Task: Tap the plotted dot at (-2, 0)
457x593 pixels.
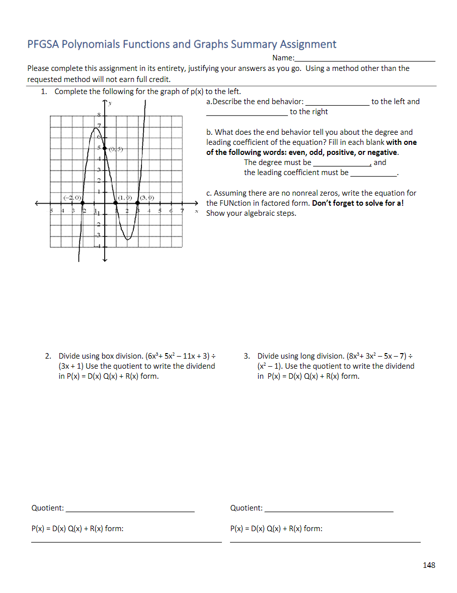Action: pos(83,203)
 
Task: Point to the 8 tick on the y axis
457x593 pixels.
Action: pos(99,116)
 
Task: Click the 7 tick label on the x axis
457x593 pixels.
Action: pos(182,211)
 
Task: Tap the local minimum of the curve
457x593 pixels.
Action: pos(128,239)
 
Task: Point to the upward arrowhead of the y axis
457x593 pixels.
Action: pos(105,103)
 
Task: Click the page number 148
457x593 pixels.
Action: pos(429,565)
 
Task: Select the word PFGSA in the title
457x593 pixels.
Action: pos(43,44)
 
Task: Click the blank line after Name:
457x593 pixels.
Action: pos(364,59)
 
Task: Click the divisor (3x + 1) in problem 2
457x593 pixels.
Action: pos(70,366)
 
